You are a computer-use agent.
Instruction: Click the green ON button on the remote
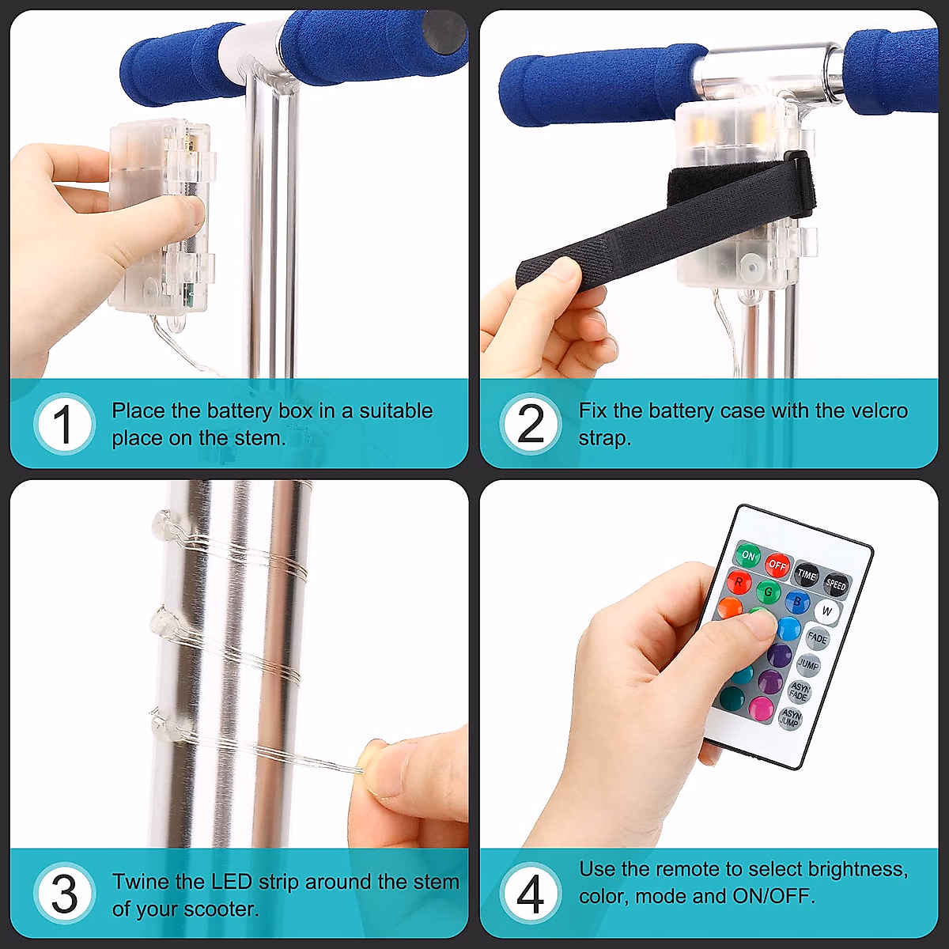pos(748,555)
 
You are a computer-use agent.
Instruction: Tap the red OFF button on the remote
pos(777,565)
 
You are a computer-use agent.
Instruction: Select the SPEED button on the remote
pos(836,585)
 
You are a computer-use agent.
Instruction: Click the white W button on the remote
pos(827,611)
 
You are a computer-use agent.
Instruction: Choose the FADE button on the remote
pos(818,638)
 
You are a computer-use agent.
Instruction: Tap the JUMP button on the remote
pos(808,664)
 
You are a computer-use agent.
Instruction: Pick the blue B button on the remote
pos(797,601)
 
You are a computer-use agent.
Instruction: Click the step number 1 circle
pos(64,424)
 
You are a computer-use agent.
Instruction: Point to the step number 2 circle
pos(531,424)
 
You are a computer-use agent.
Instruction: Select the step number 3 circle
pos(64,894)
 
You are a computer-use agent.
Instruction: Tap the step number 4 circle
pos(531,894)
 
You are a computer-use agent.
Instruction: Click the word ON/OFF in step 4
pos(773,896)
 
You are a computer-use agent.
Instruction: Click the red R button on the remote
pos(739,581)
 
